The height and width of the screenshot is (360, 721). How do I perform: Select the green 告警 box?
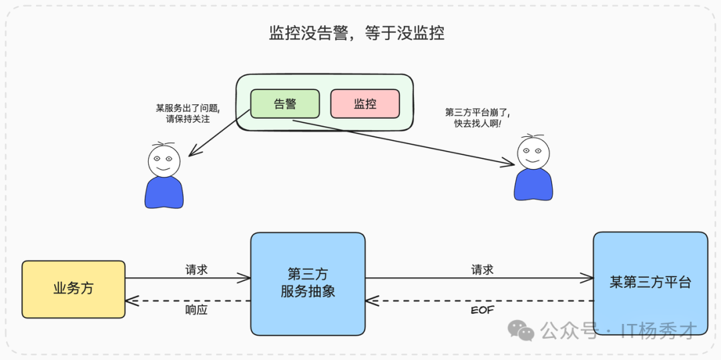(x=285, y=104)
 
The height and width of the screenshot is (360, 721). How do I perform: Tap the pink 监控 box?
(x=365, y=104)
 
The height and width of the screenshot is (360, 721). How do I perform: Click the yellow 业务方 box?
(x=73, y=289)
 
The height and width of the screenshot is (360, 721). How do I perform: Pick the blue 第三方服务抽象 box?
(x=308, y=283)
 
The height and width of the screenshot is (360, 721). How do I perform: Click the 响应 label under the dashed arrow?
(x=196, y=310)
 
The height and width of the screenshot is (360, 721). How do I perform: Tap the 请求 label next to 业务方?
(x=196, y=270)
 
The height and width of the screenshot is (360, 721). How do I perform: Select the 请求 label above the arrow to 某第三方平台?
(x=482, y=270)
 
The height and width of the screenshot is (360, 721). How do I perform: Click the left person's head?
(x=164, y=160)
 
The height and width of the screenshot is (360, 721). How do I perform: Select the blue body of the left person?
(x=164, y=192)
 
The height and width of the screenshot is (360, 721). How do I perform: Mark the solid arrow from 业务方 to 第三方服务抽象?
(x=188, y=279)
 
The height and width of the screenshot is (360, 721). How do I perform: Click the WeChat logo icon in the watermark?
(x=521, y=329)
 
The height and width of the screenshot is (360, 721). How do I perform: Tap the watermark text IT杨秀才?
(x=658, y=330)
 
